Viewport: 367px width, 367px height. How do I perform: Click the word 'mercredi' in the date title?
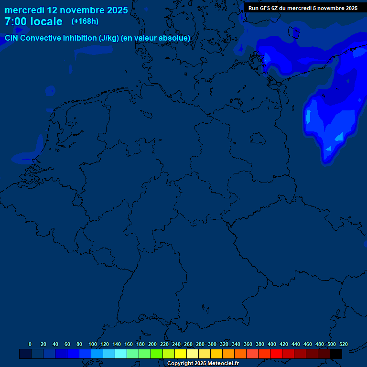coord(24,10)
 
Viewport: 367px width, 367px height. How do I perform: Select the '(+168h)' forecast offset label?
coord(85,22)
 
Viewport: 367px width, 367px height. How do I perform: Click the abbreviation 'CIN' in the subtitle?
coord(12,38)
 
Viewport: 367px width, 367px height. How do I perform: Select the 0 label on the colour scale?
coord(30,344)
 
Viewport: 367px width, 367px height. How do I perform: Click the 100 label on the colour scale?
coord(93,344)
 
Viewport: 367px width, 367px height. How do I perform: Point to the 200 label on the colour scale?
coord(152,344)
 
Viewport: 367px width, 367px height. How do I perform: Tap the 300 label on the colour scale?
coord(212,344)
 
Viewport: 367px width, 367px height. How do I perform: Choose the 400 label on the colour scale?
coord(272,344)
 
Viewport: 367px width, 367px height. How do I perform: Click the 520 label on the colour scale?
coord(344,344)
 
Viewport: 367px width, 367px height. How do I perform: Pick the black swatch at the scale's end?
coord(336,354)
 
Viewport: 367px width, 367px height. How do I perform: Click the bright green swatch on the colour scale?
coord(157,354)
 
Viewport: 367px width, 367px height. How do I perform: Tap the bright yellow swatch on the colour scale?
coord(181,354)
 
